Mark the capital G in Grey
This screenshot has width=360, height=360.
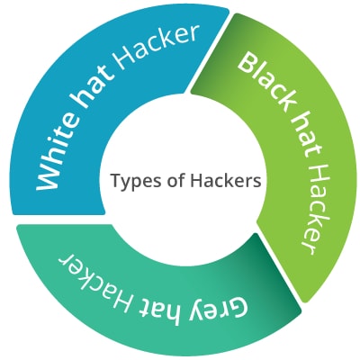click(x=238, y=307)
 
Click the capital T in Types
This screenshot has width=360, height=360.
click(x=117, y=181)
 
